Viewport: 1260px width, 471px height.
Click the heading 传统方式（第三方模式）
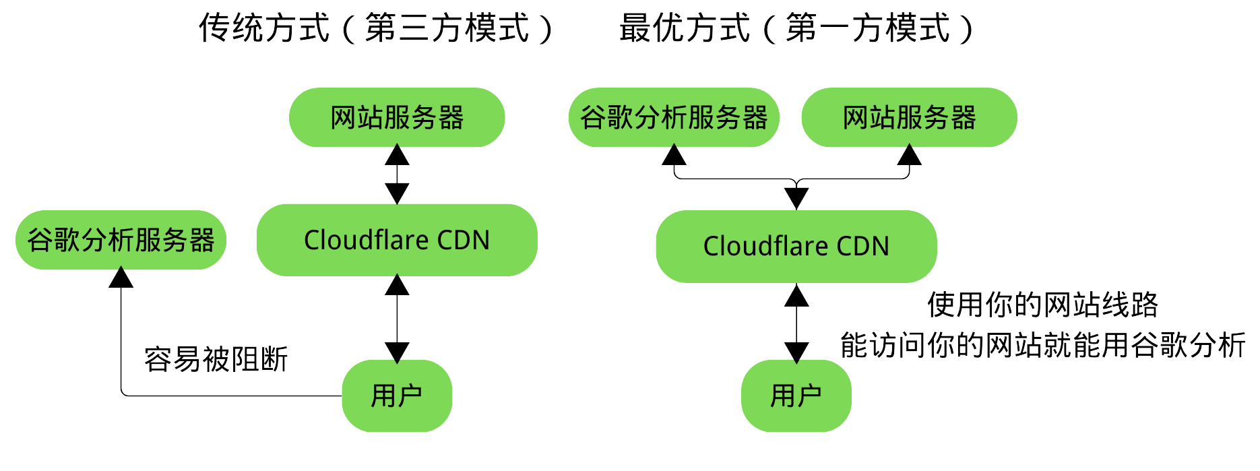point(376,28)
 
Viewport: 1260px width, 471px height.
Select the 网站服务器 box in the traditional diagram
point(397,117)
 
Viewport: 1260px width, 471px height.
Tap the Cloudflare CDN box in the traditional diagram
point(397,240)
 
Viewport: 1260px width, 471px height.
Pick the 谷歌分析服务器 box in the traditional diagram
point(121,240)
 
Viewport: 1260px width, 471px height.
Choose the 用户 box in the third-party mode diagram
point(397,396)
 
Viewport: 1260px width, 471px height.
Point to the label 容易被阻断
point(216,359)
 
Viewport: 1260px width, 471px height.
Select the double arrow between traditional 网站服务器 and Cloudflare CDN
point(397,175)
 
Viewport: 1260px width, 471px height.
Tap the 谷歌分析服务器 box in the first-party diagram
point(674,117)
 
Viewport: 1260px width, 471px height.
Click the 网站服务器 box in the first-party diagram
point(909,117)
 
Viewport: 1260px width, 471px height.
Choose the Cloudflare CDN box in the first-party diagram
point(796,246)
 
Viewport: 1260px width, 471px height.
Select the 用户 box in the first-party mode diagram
point(796,396)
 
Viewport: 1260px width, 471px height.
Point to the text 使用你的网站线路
point(1042,305)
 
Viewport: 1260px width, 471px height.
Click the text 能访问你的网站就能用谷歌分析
point(1042,345)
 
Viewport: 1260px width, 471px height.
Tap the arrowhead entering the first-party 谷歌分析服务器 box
point(674,156)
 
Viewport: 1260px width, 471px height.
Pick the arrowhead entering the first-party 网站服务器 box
point(909,156)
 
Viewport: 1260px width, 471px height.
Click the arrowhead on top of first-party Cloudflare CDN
point(796,198)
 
